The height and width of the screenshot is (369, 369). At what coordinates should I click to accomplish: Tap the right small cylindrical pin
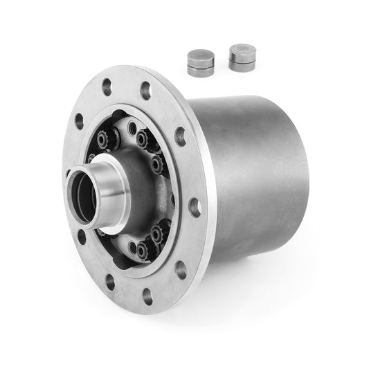tap(240, 57)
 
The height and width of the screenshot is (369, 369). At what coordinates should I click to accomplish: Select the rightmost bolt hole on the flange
tap(195, 206)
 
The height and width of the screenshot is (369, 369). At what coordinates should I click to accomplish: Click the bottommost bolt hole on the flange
tap(147, 296)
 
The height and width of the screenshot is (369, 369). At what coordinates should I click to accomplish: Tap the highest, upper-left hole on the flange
tap(107, 87)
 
